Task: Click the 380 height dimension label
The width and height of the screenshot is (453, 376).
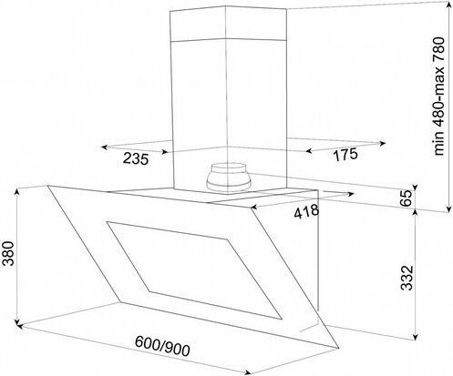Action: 7,254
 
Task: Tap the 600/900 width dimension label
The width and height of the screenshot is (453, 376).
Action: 162,346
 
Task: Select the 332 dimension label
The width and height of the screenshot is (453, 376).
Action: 407,278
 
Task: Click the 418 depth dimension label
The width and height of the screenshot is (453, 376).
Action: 306,211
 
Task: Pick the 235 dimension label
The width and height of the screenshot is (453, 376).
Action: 136,158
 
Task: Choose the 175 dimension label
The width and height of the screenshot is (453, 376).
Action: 345,155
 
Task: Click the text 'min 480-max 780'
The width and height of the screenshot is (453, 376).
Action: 439,97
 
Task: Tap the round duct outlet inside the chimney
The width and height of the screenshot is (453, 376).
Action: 229,178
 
